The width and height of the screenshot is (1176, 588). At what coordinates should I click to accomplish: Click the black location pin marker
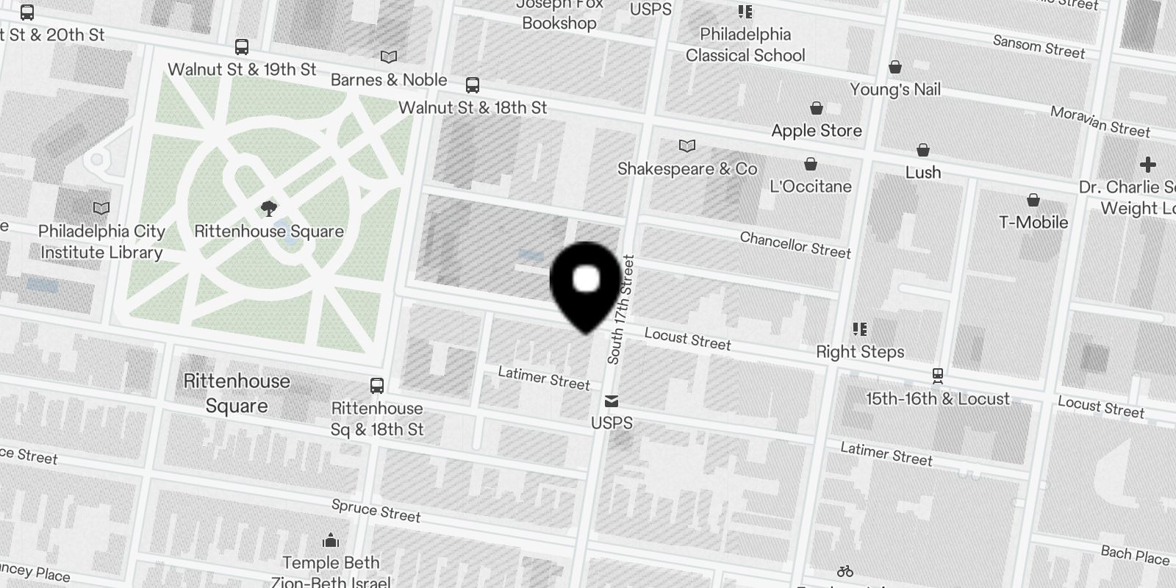[x=585, y=283]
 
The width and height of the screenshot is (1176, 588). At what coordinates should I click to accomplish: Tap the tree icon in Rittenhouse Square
[x=269, y=208]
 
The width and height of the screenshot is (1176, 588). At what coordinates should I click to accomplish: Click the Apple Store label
[x=816, y=131]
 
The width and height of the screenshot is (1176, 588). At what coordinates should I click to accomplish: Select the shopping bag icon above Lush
[x=923, y=150]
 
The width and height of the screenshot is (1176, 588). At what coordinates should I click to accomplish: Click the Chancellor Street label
[x=795, y=245]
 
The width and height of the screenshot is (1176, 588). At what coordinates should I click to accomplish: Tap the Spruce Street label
[x=376, y=510]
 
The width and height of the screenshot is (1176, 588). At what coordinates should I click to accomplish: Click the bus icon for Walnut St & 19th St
[x=242, y=47]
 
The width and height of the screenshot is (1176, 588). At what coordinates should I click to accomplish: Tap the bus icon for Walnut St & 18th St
[x=473, y=85]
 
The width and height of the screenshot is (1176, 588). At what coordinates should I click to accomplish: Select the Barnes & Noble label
[x=389, y=80]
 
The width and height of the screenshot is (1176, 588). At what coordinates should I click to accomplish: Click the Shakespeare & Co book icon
[x=686, y=146]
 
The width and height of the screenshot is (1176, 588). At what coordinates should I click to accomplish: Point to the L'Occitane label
[x=811, y=186]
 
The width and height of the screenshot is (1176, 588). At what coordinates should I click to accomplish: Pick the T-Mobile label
[x=1033, y=222]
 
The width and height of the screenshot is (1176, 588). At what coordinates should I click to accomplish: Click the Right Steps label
[x=860, y=352]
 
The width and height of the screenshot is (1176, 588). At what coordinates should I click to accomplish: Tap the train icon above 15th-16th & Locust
[x=937, y=376]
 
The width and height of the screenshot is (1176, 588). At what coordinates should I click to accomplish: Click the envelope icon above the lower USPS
[x=612, y=401]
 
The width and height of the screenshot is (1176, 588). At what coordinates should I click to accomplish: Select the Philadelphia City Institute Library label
[x=101, y=242]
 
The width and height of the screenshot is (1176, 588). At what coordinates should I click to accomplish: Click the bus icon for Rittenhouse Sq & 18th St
[x=377, y=386]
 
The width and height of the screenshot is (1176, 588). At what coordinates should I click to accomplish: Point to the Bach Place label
[x=1135, y=555]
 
